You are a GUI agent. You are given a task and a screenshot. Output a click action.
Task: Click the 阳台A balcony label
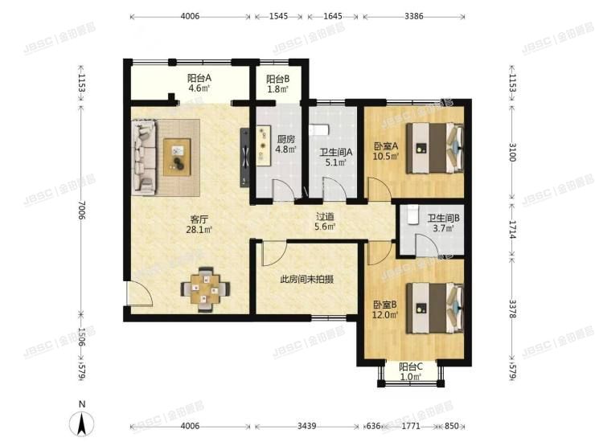point(199,83)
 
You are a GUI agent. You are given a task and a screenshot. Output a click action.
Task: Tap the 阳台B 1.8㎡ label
point(278,83)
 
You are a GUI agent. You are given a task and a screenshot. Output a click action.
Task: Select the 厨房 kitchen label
point(285,143)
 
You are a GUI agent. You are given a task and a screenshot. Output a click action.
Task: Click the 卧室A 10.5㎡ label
point(386,151)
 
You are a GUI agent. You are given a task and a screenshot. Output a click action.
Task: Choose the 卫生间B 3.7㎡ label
point(443,223)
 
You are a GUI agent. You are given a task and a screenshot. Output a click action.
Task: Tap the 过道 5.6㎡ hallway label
point(325,222)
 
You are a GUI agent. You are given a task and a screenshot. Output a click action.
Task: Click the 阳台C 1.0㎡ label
point(411,371)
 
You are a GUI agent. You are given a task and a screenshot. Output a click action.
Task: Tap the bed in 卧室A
point(434,148)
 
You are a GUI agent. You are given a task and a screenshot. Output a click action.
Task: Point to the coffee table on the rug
point(177,156)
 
